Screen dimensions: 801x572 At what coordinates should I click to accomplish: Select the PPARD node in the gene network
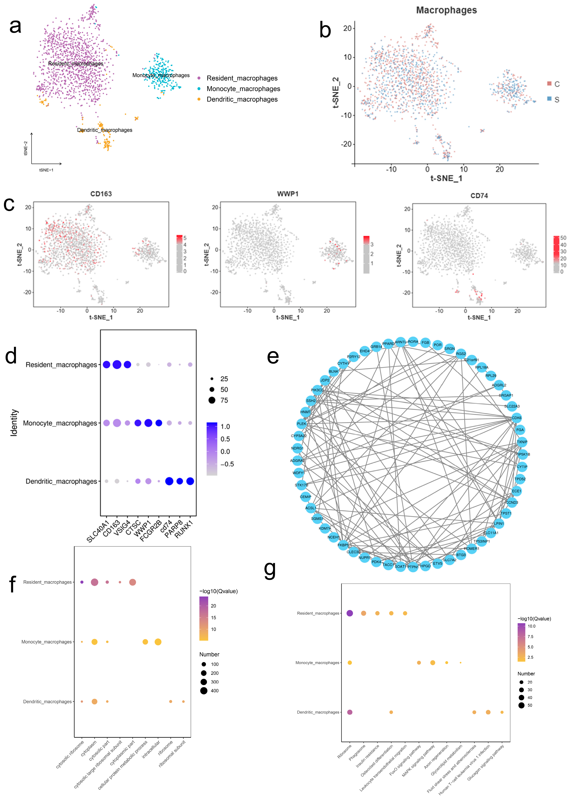click(x=388, y=344)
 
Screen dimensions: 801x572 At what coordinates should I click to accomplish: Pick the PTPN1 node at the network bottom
click(x=413, y=567)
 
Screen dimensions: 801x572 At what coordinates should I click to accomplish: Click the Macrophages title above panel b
click(x=446, y=10)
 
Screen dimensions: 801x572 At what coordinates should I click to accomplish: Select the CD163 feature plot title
click(x=101, y=194)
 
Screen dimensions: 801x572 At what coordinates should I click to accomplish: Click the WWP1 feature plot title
click(x=288, y=194)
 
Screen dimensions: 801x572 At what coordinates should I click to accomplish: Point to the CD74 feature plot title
click(x=479, y=196)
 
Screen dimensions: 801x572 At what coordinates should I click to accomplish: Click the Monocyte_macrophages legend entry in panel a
click(x=243, y=89)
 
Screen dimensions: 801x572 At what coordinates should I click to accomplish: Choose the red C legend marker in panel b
click(x=549, y=83)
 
